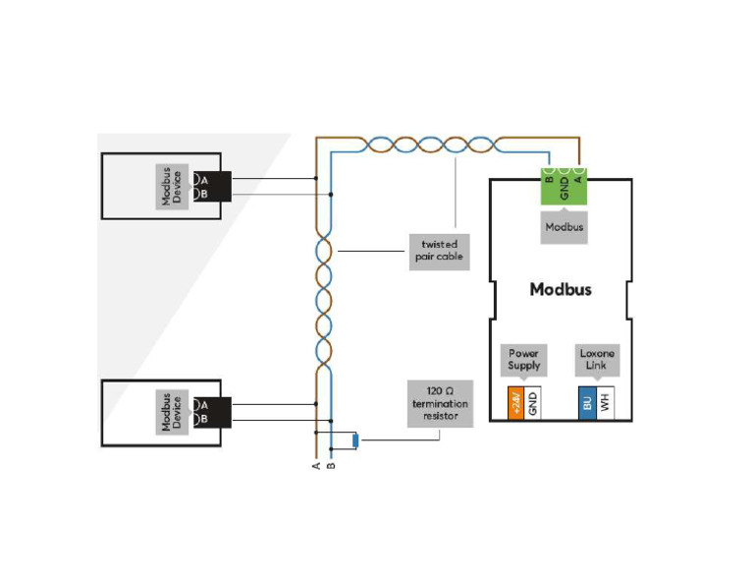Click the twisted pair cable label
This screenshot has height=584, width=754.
(x=439, y=252)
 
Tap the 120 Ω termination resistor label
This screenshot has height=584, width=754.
(x=440, y=404)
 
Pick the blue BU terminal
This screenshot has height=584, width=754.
(x=587, y=403)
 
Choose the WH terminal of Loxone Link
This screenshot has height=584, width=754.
(x=605, y=403)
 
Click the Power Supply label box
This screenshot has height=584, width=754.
(x=524, y=359)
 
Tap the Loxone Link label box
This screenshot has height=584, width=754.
(x=596, y=359)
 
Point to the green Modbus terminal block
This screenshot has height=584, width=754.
(x=565, y=184)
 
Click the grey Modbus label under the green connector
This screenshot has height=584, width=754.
(x=565, y=227)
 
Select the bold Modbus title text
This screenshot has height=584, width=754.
(x=561, y=289)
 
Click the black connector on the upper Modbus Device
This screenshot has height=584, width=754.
(x=219, y=186)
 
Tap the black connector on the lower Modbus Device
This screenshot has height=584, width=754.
(x=219, y=412)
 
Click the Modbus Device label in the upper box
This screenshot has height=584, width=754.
(x=172, y=186)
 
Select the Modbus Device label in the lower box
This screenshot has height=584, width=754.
(x=172, y=412)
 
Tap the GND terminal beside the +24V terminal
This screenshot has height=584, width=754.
(x=533, y=403)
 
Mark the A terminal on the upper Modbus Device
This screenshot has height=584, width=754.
(x=203, y=179)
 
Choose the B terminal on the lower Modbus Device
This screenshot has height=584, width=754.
(x=203, y=420)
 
